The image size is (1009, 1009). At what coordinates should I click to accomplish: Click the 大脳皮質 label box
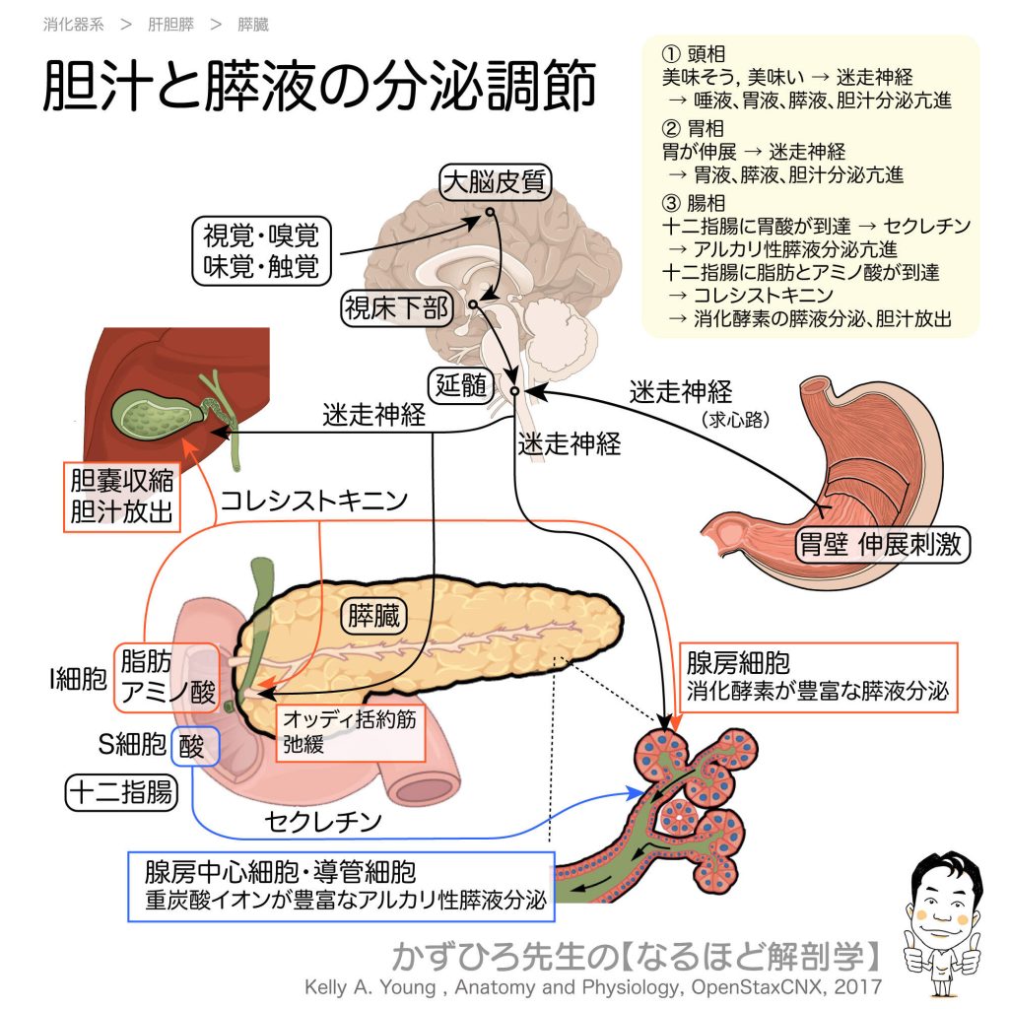pos(495,182)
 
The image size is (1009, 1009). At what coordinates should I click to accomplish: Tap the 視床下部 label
pos(395,308)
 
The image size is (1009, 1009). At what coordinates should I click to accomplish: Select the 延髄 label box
pos(461,384)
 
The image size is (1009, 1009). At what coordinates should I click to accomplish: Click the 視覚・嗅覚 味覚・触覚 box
pos(261,251)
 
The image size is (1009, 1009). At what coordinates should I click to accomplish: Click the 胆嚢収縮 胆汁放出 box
pos(119,498)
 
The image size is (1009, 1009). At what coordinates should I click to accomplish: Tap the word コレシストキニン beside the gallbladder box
pos(313,501)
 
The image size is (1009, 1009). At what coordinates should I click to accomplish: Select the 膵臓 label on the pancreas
pos(373,617)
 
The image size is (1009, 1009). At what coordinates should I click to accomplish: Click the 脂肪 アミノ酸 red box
pos(167,677)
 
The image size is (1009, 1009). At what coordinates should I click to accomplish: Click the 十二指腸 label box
pos(121,793)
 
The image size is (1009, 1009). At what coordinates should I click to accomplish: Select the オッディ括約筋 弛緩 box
pos(349,732)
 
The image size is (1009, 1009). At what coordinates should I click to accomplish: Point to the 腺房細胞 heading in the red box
pos(739,662)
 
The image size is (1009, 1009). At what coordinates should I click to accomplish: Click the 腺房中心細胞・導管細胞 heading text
pos(280,871)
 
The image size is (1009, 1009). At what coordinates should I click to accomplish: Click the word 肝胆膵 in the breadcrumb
pos(170,24)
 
